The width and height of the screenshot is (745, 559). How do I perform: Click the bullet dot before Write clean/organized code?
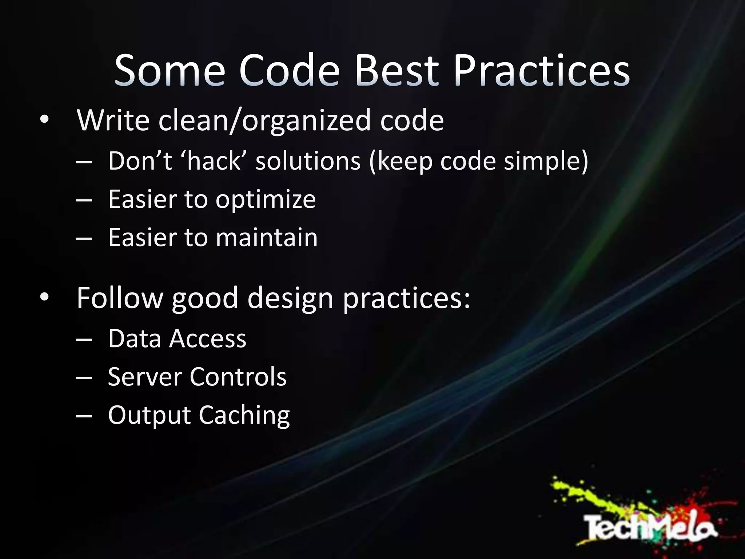tap(44, 120)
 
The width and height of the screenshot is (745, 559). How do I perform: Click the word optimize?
tap(266, 200)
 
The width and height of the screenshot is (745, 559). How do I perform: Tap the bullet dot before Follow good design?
tap(44, 297)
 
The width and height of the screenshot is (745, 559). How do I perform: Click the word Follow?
tap(120, 298)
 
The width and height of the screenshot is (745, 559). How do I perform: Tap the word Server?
tap(145, 377)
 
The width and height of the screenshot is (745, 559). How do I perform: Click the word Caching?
tap(244, 416)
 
